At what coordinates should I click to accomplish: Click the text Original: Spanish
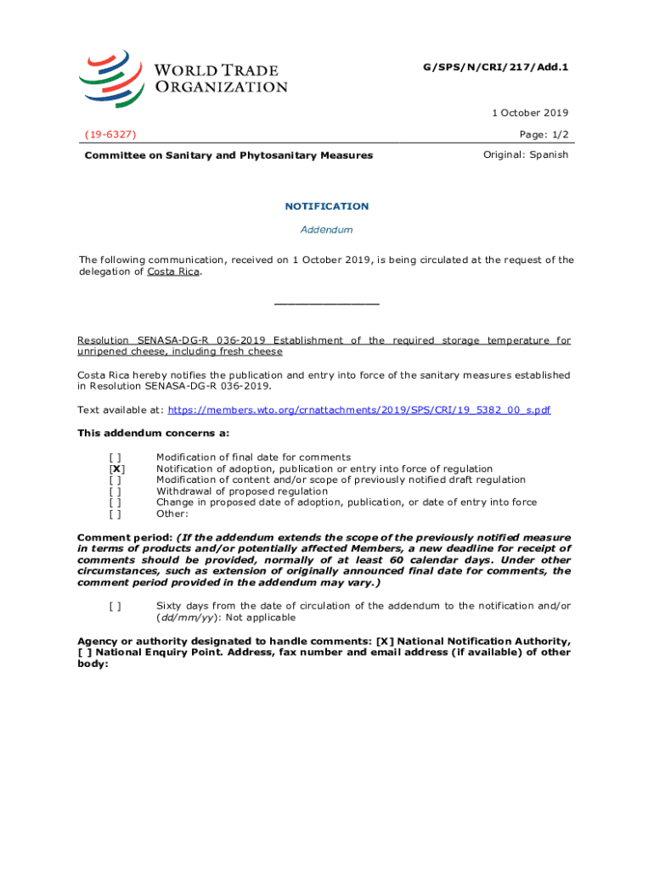click(x=526, y=154)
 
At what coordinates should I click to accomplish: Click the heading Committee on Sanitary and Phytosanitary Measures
click(x=228, y=155)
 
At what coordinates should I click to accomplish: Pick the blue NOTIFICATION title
click(x=326, y=206)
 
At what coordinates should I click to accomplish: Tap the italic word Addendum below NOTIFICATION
click(x=326, y=229)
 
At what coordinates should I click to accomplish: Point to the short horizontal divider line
click(x=326, y=304)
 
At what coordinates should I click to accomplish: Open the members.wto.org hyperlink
click(x=359, y=410)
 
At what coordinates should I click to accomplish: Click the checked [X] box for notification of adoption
click(x=116, y=468)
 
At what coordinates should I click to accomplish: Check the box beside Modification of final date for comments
click(x=115, y=457)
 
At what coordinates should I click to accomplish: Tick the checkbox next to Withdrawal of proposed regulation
click(x=115, y=491)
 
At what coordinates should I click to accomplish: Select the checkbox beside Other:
click(x=115, y=513)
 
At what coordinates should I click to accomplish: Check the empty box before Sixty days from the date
click(x=115, y=606)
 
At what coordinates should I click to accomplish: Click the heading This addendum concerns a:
click(x=153, y=433)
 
